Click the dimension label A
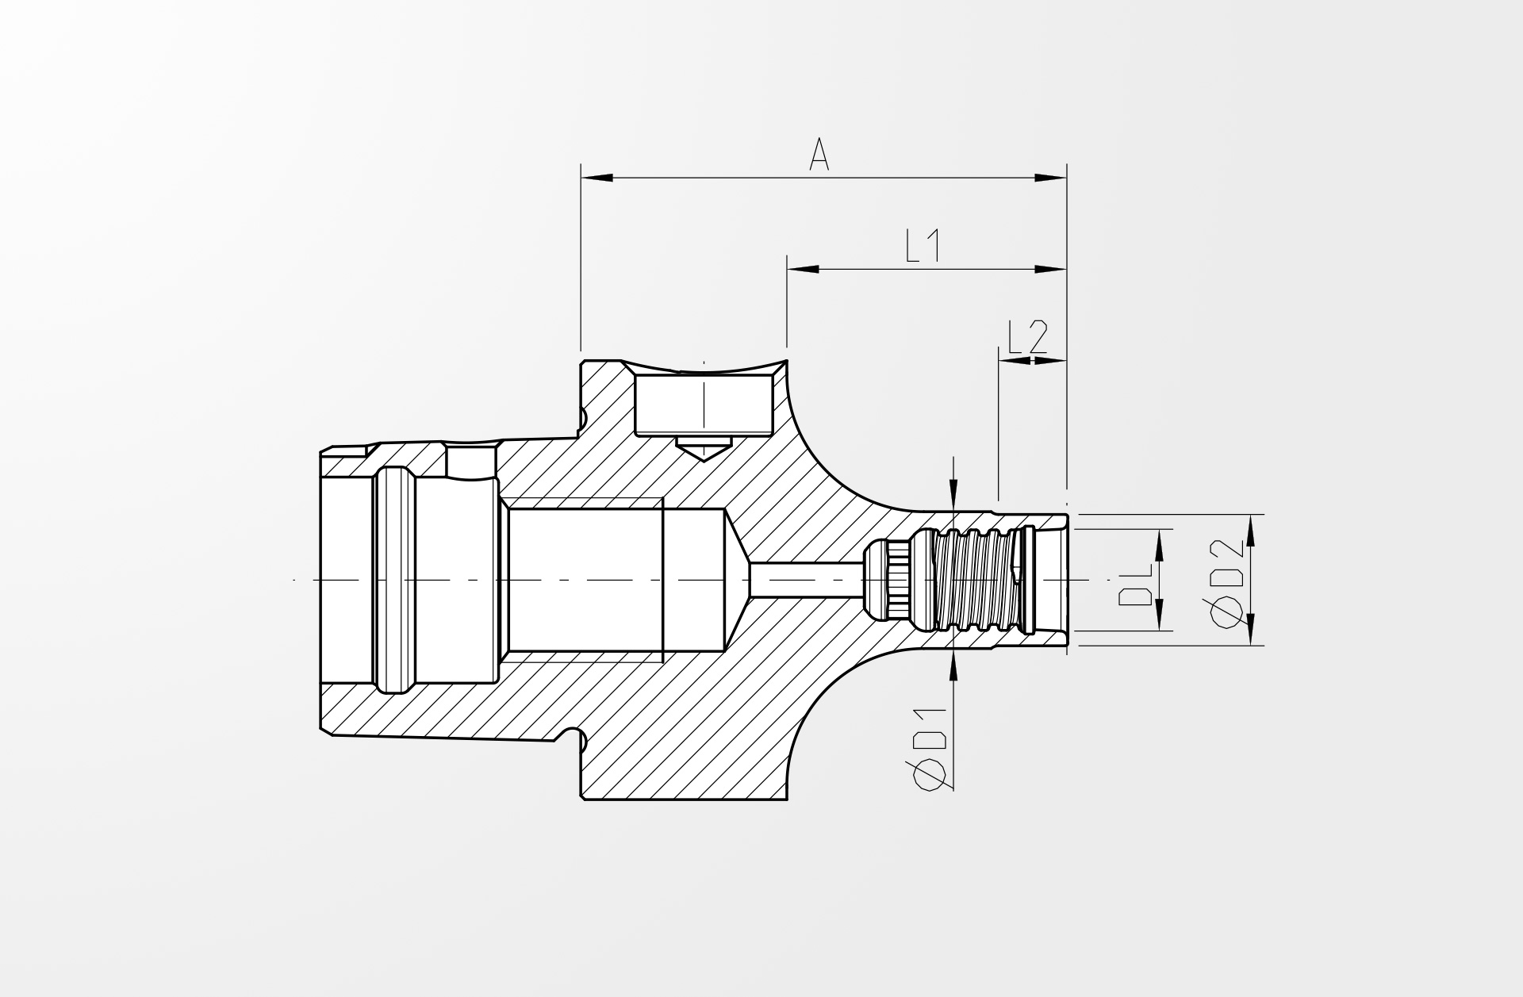pos(819,155)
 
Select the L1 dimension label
pos(923,247)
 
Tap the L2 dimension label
pos(1027,338)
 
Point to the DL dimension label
pos(1135,585)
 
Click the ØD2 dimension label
pos(1228,583)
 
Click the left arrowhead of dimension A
pos(597,178)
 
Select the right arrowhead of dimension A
pos(1051,178)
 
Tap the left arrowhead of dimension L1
pos(802,270)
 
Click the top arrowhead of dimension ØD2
pos(1251,531)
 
